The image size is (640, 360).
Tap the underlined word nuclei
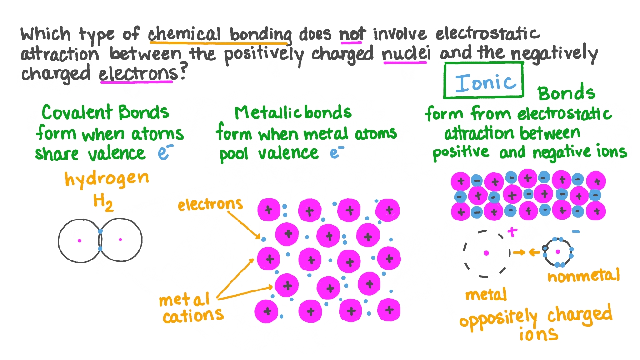(x=406, y=53)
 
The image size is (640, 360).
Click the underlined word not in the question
(x=352, y=34)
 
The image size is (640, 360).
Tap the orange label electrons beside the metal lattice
(x=210, y=204)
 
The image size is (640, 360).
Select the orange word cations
(x=192, y=315)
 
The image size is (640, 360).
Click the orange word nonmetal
(x=583, y=275)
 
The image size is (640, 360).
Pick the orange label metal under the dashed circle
(x=486, y=295)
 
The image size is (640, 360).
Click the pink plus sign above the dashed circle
(x=512, y=232)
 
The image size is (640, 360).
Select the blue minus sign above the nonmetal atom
(x=575, y=232)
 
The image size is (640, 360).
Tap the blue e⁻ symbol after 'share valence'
(x=164, y=153)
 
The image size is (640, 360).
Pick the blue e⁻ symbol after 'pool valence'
(x=337, y=153)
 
